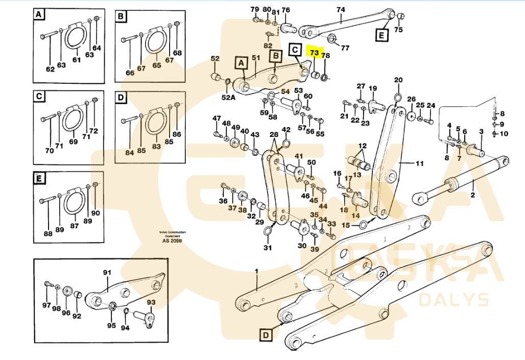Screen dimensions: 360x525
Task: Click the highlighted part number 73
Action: pos(314,53)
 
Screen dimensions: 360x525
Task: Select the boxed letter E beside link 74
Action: pos(381,35)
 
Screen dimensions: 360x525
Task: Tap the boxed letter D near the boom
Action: pos(266,335)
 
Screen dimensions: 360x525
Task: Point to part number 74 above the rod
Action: pos(341,9)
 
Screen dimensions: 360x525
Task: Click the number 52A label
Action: pos(228,98)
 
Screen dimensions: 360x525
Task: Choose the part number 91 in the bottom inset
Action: pos(107,273)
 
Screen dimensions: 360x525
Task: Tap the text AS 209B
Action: pos(172,241)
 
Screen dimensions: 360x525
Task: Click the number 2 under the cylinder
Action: pos(472,195)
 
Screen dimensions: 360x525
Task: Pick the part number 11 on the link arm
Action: pos(419,164)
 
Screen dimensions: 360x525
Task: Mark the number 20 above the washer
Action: pos(398,80)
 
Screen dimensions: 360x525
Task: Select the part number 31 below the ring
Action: pos(268,248)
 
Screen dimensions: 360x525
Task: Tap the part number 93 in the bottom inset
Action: pos(151,302)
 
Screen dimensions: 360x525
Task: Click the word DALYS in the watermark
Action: pos(454,299)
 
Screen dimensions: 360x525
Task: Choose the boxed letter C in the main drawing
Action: pos(295,50)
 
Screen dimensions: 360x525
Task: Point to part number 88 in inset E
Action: pos(48,234)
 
